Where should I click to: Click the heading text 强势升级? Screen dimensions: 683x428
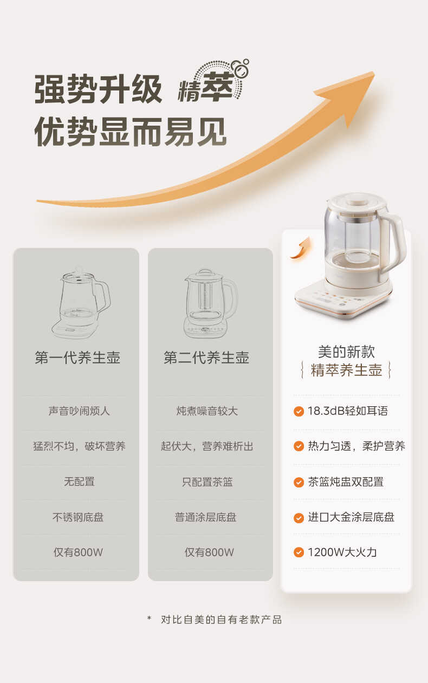98,89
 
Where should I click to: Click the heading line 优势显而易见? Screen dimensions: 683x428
130,132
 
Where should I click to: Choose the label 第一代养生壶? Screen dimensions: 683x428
77,358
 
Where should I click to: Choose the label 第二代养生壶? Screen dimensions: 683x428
206,358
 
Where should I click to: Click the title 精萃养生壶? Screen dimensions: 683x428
346,370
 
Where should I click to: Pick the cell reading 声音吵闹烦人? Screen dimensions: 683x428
79,411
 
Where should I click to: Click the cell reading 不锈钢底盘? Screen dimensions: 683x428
78,517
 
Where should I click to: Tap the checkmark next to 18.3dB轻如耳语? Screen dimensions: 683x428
299,412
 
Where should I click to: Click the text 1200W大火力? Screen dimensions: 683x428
342,552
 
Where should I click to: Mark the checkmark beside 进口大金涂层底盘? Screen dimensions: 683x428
299,518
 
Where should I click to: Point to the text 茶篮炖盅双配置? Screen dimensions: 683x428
346,482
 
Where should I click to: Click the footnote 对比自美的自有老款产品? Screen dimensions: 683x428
221,620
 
